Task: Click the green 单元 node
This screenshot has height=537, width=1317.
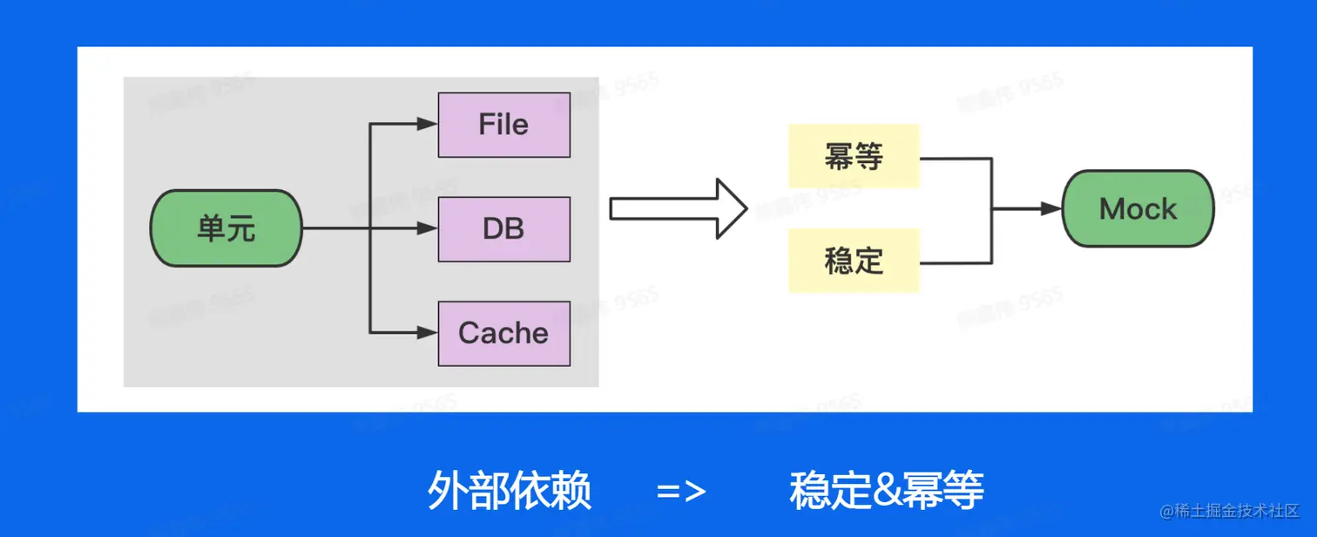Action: tap(226, 228)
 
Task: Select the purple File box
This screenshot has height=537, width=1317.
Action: tap(503, 125)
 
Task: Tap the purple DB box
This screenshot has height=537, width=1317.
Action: tap(503, 228)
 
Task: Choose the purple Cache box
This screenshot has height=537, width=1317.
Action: tap(503, 333)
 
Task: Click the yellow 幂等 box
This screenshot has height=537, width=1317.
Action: tap(854, 157)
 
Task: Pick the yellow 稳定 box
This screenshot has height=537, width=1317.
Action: tap(854, 260)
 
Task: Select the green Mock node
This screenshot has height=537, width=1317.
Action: tap(1138, 209)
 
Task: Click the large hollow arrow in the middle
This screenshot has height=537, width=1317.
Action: tap(679, 209)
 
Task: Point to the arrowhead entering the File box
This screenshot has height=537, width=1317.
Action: tap(427, 125)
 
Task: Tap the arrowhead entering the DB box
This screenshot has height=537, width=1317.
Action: tap(427, 228)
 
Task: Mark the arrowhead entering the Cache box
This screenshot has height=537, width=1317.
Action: tap(427, 332)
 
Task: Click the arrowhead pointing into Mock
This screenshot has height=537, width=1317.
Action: tap(1051, 209)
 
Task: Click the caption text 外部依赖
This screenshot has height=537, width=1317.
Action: tap(510, 491)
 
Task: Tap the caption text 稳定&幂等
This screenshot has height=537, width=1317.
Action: tap(887, 491)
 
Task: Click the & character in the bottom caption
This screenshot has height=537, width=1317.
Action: tap(888, 492)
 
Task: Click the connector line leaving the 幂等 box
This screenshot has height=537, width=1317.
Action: tap(956, 158)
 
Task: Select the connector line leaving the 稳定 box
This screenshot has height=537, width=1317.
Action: tap(956, 262)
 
